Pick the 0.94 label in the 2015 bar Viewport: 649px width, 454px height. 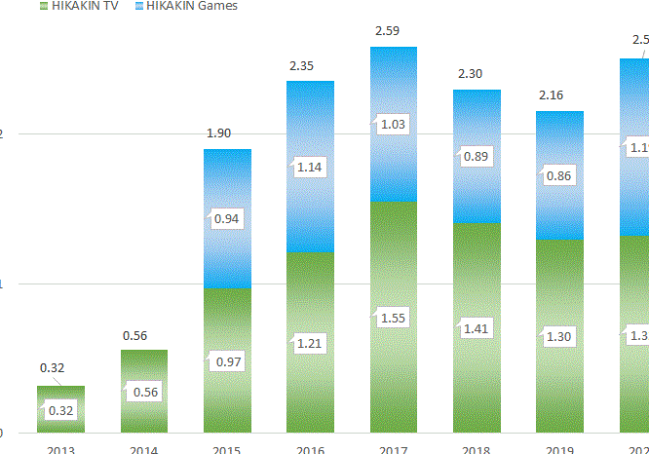point(226,218)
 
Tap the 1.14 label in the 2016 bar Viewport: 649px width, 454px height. point(309,167)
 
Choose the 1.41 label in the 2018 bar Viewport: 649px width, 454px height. point(476,328)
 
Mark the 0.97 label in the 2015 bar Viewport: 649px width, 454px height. point(226,361)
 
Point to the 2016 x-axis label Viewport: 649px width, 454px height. point(309,449)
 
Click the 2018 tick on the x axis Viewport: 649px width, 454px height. point(476,449)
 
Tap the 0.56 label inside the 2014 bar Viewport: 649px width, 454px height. point(143,392)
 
